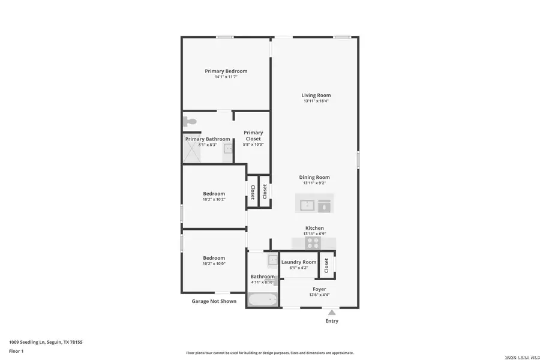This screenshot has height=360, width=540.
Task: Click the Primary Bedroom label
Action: coord(226,71)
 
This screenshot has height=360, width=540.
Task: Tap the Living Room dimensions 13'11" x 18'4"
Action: coord(316,101)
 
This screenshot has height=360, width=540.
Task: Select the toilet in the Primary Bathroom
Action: coord(190,121)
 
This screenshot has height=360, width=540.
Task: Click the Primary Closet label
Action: coord(253,136)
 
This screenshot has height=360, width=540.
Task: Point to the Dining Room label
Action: coord(314,177)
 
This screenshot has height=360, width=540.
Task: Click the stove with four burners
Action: coord(313,242)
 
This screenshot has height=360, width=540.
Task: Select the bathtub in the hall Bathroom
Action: coord(263,299)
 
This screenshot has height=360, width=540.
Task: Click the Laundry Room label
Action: coord(299,262)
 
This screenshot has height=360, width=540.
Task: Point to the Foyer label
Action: coord(319,289)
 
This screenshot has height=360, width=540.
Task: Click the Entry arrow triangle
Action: coord(331,312)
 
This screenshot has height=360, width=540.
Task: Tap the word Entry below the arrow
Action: coord(332,321)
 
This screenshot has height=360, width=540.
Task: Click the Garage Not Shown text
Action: coord(214,301)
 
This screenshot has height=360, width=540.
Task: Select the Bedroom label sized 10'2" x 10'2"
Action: coord(214,193)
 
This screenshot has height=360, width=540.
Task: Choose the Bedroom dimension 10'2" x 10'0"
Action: coord(214,264)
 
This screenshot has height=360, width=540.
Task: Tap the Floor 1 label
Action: coord(16,351)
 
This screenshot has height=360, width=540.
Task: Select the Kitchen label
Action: coord(314,228)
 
